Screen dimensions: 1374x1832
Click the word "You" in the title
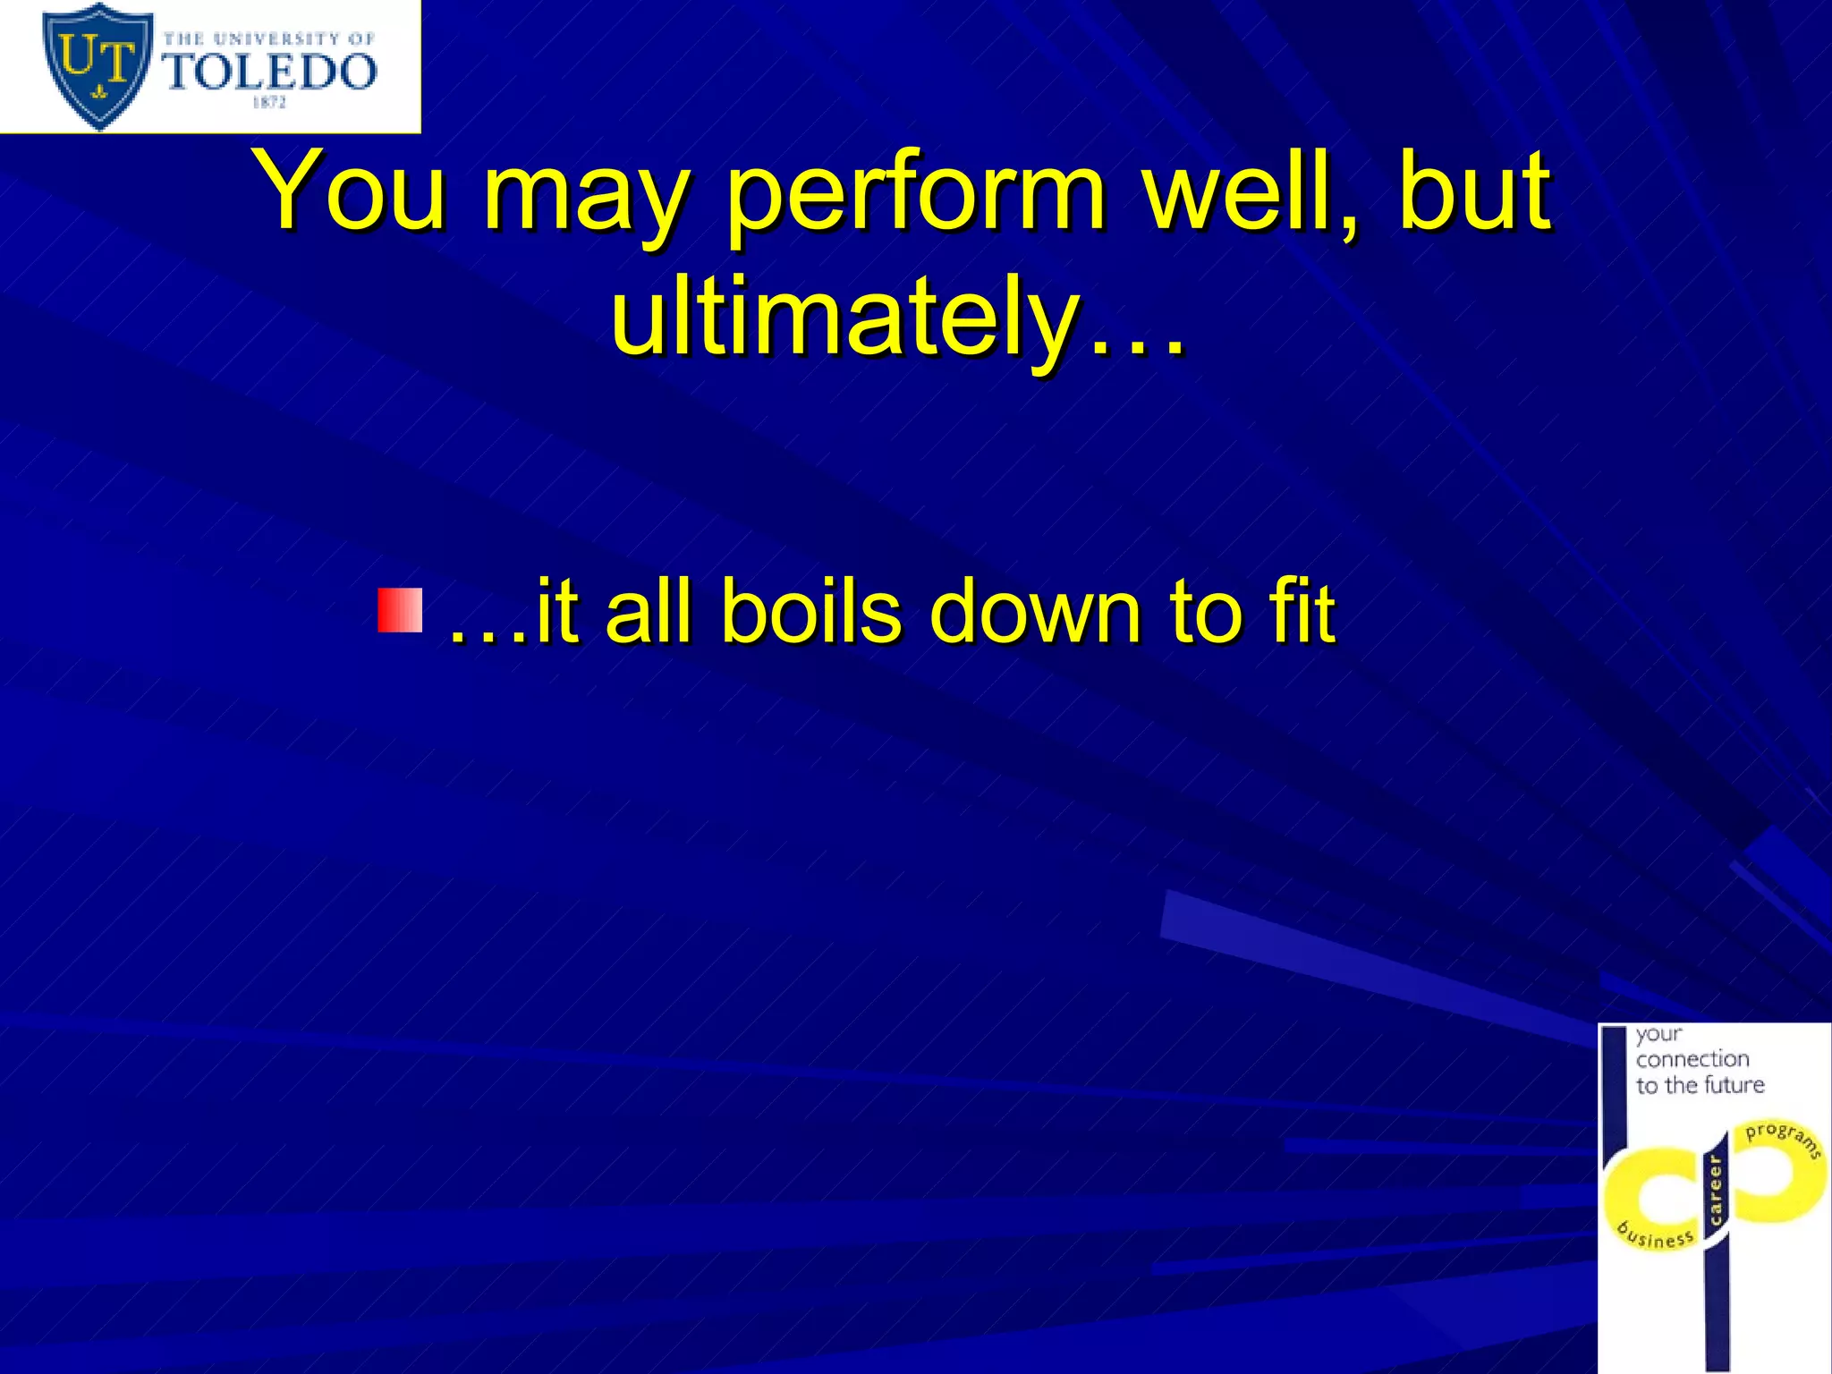pos(351,190)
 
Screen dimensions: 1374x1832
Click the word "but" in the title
pos(1474,190)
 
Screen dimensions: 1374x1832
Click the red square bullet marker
pos(399,611)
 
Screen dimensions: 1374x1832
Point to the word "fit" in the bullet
pos(1302,612)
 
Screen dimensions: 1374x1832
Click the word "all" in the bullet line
pos(648,612)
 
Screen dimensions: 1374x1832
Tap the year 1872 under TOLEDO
pos(269,103)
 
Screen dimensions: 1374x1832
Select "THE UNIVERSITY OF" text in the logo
pos(269,38)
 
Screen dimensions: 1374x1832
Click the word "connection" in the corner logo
pos(1692,1059)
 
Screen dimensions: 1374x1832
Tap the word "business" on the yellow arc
pos(1656,1236)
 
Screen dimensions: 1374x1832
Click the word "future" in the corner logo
pos(1734,1085)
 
